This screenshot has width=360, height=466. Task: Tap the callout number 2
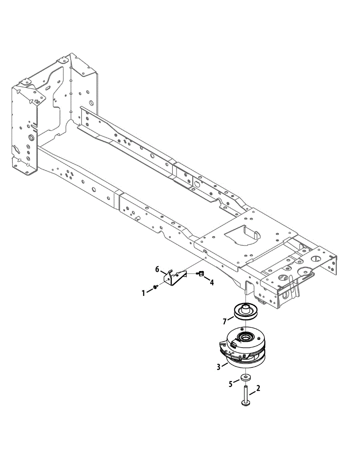coord(258,388)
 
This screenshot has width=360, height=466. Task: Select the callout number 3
coord(219,366)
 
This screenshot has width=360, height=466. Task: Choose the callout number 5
coord(231,384)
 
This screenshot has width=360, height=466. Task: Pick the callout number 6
coord(157,269)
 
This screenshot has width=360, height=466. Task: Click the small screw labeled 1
coord(155,287)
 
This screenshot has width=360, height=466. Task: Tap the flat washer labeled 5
coord(245,377)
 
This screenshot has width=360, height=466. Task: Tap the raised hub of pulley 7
coord(245,309)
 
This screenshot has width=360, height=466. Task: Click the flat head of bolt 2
coord(246,405)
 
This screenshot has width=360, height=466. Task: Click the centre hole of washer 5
coord(245,376)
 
